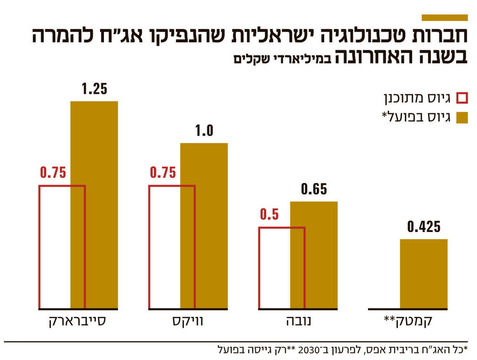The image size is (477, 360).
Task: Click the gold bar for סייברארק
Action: click(94, 205)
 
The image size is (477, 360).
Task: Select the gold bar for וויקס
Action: click(204, 226)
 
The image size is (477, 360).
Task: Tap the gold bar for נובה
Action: click(314, 255)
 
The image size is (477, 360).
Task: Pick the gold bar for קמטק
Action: click(423, 274)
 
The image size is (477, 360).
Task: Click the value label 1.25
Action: click(94, 89)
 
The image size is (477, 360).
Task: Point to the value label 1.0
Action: click(204, 131)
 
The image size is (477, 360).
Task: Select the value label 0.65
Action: click(314, 190)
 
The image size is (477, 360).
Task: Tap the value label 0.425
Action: click(423, 227)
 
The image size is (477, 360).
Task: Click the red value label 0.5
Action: click(269, 215)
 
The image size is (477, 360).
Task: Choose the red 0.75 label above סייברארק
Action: click(53, 173)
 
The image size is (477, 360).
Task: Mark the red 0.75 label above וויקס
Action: click(163, 173)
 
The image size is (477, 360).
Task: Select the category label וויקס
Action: click(188, 322)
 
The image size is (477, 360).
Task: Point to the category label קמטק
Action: click(408, 322)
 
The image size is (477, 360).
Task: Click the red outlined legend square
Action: click(462, 98)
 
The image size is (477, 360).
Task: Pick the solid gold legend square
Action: click(462, 117)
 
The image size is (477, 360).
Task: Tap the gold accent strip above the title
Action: click(444, 18)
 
